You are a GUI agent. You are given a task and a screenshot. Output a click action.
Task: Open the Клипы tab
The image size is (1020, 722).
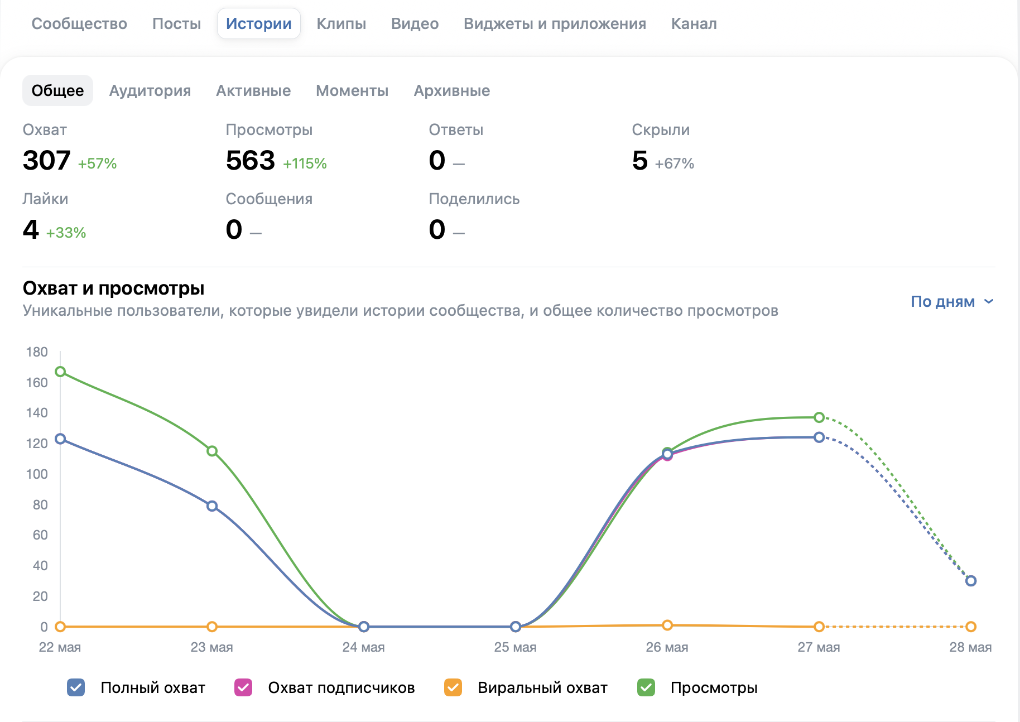click(x=341, y=23)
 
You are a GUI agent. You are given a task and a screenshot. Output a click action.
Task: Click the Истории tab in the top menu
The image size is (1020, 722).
click(x=259, y=23)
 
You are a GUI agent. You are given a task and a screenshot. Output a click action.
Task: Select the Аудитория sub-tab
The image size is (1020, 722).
click(x=150, y=90)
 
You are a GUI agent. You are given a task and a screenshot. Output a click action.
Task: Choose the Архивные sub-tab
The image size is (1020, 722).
click(x=452, y=90)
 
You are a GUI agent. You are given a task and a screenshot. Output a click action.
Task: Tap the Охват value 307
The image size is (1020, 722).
click(x=46, y=160)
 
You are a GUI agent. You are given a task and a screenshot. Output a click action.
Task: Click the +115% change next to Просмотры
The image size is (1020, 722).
click(x=305, y=163)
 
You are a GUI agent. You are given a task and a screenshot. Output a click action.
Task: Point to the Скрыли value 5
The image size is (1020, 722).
click(x=640, y=160)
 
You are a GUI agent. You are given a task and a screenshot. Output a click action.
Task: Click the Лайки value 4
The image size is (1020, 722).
click(x=31, y=229)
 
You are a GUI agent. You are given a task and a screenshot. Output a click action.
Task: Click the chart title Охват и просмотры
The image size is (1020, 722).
click(x=113, y=288)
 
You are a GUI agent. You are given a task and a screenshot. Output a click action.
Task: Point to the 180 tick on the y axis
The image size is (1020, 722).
click(x=37, y=352)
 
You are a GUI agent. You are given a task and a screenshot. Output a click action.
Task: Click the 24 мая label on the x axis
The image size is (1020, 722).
click(x=363, y=647)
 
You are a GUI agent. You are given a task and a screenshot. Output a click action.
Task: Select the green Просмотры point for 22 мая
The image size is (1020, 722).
click(x=60, y=372)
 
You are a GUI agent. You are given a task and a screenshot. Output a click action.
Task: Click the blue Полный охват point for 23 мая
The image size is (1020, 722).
click(x=212, y=506)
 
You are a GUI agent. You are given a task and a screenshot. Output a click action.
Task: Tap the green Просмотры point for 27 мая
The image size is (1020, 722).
click(x=819, y=417)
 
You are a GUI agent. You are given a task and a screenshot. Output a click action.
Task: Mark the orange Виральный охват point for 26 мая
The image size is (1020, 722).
click(x=667, y=625)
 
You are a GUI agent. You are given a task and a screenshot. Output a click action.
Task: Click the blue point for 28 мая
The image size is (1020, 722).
click(x=971, y=581)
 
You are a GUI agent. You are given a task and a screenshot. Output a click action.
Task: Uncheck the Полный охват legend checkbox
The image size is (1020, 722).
click(x=76, y=687)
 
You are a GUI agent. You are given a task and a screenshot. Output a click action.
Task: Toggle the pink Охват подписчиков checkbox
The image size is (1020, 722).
click(x=243, y=687)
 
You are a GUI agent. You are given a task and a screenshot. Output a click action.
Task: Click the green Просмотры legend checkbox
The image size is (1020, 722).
click(x=646, y=687)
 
